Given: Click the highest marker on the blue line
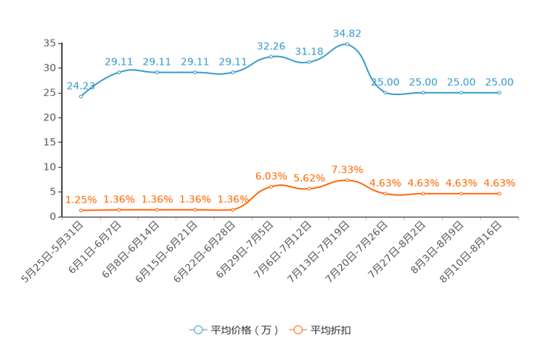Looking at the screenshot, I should coord(347,44).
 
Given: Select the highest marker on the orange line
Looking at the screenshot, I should coord(347,179).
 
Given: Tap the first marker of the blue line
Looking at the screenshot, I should coord(81,96).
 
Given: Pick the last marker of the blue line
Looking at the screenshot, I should coord(499,93).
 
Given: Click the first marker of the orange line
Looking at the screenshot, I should coord(81,210).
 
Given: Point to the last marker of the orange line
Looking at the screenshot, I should coord(499,194).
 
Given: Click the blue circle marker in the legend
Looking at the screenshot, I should coord(198,330).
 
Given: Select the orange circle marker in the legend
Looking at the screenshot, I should coord(297,330).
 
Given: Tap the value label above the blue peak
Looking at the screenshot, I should coord(347,33).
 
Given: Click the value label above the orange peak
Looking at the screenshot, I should coord(347,169).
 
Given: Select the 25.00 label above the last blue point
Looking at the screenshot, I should coord(499,81).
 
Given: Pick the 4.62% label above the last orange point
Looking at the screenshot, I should coord(499,183).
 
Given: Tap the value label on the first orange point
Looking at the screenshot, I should coord(80,200).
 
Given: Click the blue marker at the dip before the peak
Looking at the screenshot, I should coord(309,62).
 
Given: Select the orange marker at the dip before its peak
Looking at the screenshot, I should coord(309,189).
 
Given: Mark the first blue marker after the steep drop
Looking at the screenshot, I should coord(385,93).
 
